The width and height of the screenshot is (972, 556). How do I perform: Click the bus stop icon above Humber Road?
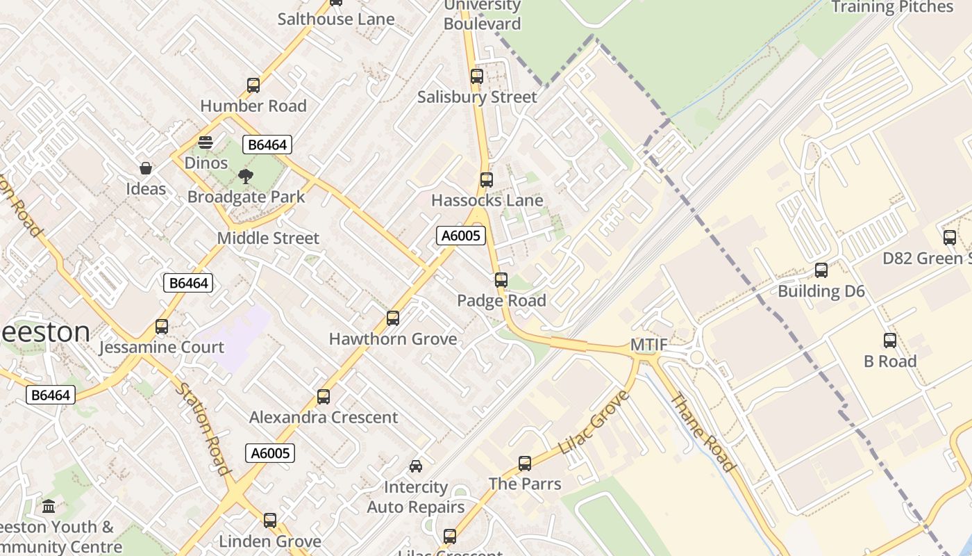click(x=253, y=85)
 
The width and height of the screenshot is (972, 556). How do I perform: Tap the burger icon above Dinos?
click(x=206, y=142)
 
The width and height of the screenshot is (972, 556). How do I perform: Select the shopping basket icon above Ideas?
click(x=146, y=168)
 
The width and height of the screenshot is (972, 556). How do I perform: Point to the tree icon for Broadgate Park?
click(x=246, y=177)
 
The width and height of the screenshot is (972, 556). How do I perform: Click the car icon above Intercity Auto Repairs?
click(x=416, y=466)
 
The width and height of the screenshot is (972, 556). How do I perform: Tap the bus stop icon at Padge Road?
click(x=501, y=280)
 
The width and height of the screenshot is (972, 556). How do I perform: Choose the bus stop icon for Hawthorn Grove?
click(x=393, y=318)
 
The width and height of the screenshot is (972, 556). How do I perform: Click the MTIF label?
click(x=649, y=345)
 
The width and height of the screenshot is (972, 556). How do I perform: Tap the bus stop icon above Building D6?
click(x=821, y=270)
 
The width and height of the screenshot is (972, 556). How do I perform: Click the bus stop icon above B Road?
click(x=890, y=341)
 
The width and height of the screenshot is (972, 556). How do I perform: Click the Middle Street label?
click(x=268, y=238)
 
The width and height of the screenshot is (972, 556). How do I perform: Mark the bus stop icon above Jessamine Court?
click(x=162, y=327)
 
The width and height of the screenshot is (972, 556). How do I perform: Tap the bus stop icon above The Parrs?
click(x=525, y=464)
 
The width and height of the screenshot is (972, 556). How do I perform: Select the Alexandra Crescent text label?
click(x=324, y=418)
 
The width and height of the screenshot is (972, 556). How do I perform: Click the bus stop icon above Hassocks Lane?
click(x=487, y=180)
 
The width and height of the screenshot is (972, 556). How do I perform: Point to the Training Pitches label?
click(x=892, y=7)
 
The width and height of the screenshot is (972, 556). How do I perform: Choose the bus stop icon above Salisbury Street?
click(x=477, y=76)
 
